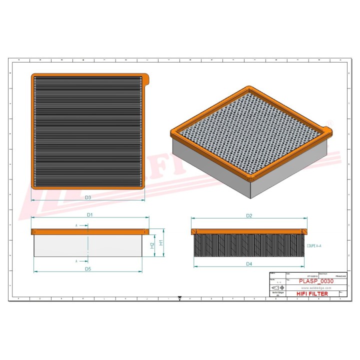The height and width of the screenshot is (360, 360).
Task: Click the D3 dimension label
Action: coord(88,197)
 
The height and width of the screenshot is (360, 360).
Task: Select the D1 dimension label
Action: coord(90,214)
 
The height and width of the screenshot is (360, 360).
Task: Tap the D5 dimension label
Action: coord(87,269)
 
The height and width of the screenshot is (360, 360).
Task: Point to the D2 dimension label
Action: coord(248,215)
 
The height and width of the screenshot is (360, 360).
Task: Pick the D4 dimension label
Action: coord(248,263)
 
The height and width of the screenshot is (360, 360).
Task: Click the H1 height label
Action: coord(161,242)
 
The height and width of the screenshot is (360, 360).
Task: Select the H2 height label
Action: coord(152,245)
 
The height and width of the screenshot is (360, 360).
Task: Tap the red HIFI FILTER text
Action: coord(313,294)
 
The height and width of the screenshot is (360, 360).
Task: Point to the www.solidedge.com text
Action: coord(314,288)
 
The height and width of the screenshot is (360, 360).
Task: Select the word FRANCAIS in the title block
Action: coord(339,276)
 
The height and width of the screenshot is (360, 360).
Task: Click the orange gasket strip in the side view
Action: coord(90,232)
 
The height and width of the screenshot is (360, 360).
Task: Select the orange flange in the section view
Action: coord(248,231)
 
